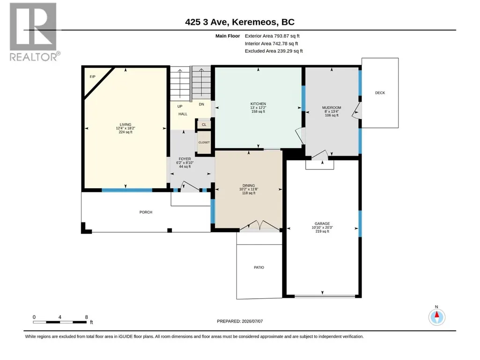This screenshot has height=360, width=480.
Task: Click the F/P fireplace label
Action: click(x=92, y=76)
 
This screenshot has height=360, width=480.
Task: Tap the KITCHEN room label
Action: click(x=258, y=104)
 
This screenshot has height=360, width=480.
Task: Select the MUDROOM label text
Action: click(x=332, y=108)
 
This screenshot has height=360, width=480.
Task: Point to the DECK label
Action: click(x=380, y=93)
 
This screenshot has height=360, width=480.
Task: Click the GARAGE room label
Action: click(x=322, y=223)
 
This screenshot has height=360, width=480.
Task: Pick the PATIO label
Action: click(x=259, y=267)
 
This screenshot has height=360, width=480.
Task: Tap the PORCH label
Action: click(x=146, y=212)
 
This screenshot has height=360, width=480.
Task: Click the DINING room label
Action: click(x=249, y=185)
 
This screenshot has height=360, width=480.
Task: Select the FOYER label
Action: click(x=185, y=159)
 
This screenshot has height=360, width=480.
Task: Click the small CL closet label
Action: click(x=204, y=125)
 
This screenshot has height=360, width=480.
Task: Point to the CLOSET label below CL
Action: click(x=204, y=142)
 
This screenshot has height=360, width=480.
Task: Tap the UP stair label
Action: click(x=180, y=106)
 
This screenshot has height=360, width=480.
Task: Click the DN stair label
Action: click(x=201, y=104)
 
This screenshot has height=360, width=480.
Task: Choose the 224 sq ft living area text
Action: click(x=126, y=132)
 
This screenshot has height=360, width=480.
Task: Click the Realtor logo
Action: click(x=33, y=32)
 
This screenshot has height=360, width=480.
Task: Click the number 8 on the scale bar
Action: click(x=86, y=317)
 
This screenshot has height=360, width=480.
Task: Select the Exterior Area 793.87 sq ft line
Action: click(x=272, y=36)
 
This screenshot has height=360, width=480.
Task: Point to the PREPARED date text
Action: click(x=240, y=321)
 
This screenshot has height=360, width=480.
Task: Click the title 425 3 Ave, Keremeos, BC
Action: click(x=240, y=22)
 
